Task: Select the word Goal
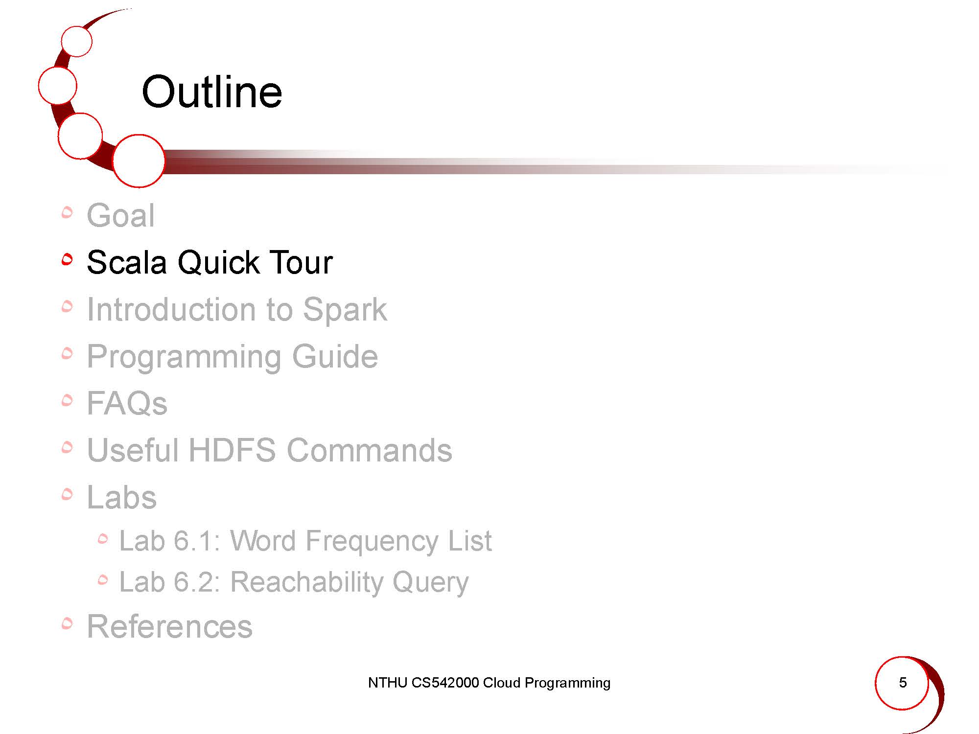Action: (121, 215)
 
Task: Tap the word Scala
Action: (127, 262)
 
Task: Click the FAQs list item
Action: (127, 403)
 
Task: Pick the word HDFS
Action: (232, 450)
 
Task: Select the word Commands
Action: (370, 450)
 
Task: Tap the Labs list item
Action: (122, 497)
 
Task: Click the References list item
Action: (169, 626)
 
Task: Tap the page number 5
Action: (903, 682)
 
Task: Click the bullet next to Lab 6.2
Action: (102, 580)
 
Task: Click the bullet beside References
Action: (67, 623)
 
